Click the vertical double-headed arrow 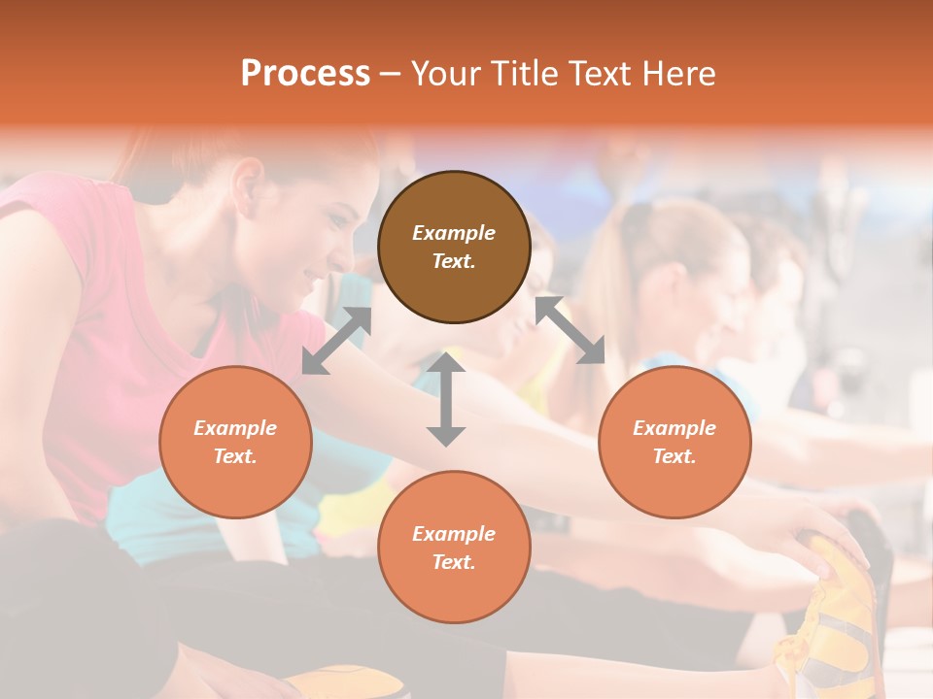(446, 399)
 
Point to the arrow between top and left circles (336, 341)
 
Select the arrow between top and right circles (570, 330)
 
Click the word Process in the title (305, 73)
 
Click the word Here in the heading (679, 73)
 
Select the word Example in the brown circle (454, 233)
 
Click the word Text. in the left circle (235, 456)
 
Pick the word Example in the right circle (674, 428)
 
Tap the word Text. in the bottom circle (454, 562)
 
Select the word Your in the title (445, 73)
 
